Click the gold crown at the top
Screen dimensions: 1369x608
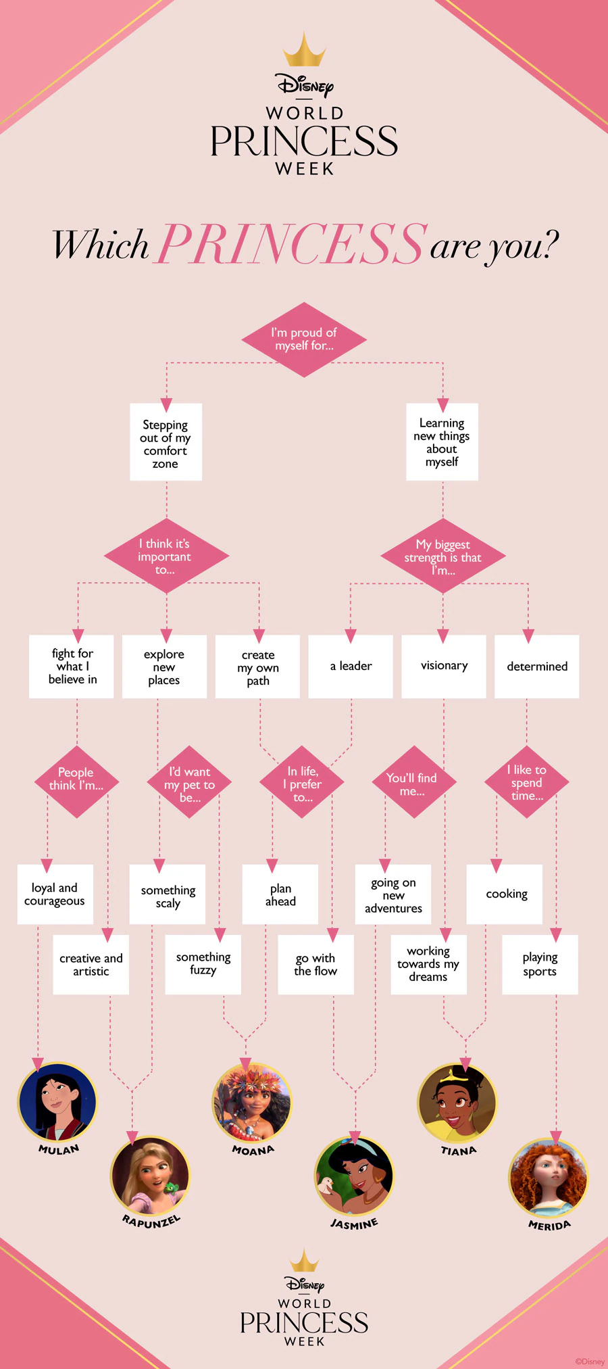pyautogui.click(x=304, y=51)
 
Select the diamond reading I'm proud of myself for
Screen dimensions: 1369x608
pyautogui.click(x=304, y=339)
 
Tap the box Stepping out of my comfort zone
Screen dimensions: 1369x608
pyautogui.click(x=166, y=443)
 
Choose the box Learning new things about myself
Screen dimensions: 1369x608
pyautogui.click(x=442, y=441)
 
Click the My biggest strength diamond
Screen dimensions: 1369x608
pyautogui.click(x=442, y=556)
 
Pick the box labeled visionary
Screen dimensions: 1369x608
pyautogui.click(x=444, y=666)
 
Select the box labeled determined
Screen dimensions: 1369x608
pyautogui.click(x=537, y=666)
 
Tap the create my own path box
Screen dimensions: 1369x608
pyautogui.click(x=257, y=667)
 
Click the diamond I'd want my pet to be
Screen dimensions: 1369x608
pyautogui.click(x=189, y=783)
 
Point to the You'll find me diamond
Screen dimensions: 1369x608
pyautogui.click(x=412, y=783)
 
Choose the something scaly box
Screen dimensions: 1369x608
pyautogui.click(x=168, y=894)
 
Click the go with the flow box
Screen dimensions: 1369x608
pyautogui.click(x=315, y=964)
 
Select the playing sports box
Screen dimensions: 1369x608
pyautogui.click(x=540, y=964)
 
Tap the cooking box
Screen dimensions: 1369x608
pyautogui.click(x=505, y=894)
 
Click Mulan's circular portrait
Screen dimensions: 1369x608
pyautogui.click(x=57, y=1102)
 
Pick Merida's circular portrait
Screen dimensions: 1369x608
pyautogui.click(x=548, y=1178)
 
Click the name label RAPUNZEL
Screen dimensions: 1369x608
pyautogui.click(x=151, y=1220)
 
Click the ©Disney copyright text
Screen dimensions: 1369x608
pyautogui.click(x=590, y=1362)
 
